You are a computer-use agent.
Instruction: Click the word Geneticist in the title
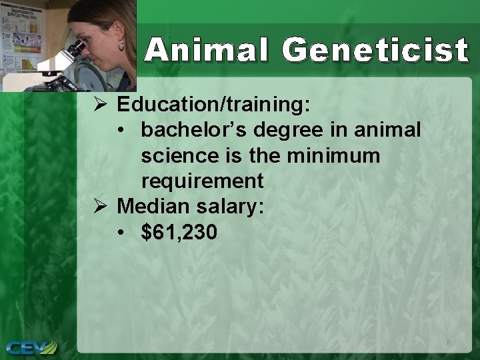pyautogui.click(x=375, y=51)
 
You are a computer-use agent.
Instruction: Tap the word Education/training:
pyautogui.click(x=213, y=105)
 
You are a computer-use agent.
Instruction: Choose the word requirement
pyautogui.click(x=202, y=181)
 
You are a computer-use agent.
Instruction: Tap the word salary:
pyautogui.click(x=231, y=206)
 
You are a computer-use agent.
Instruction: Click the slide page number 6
pyautogui.click(x=449, y=343)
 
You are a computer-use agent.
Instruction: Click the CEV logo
pyautogui.click(x=31, y=347)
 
